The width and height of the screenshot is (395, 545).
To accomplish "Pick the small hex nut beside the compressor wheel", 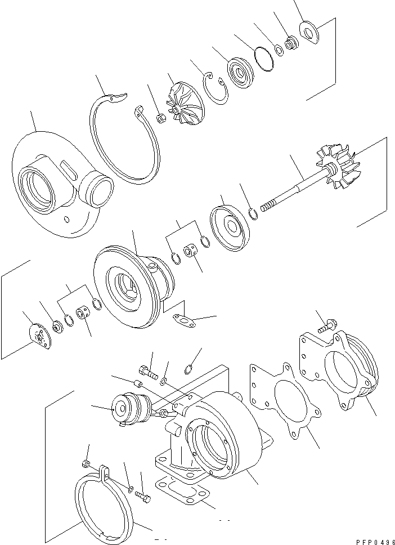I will pos(159,118).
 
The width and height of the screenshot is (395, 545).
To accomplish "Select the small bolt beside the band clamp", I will pos(143,498).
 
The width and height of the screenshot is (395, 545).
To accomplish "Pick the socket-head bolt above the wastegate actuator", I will pos(146,370).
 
